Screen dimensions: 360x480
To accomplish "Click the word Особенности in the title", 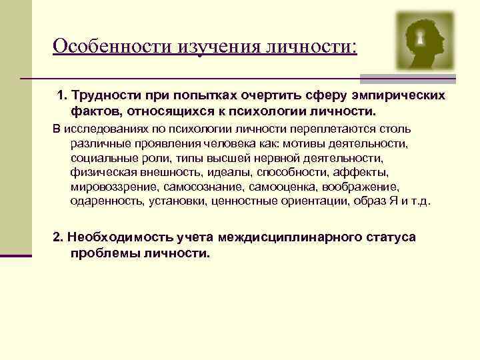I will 113,46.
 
